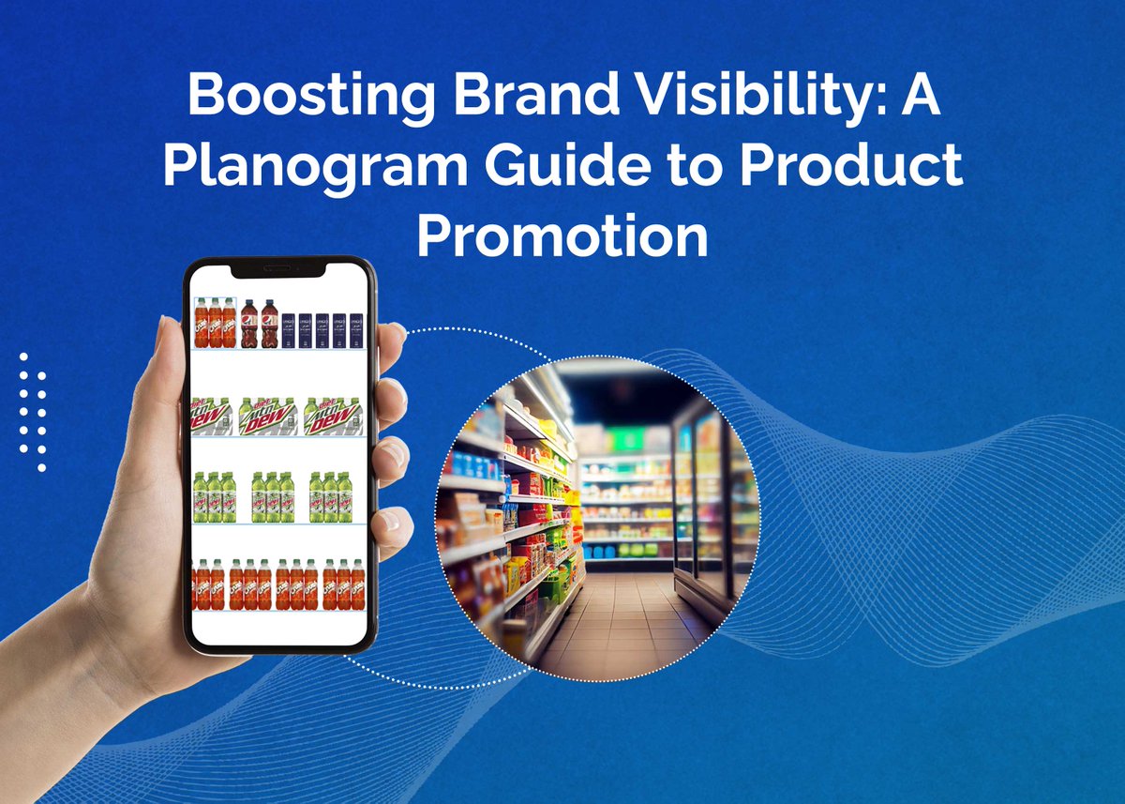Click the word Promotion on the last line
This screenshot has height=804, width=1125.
tap(562, 236)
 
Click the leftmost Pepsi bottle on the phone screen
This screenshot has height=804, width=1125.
tap(248, 324)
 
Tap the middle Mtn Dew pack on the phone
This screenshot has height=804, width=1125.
tap(269, 416)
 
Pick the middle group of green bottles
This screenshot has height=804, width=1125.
tap(272, 496)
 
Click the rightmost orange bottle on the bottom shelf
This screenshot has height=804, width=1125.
tap(357, 584)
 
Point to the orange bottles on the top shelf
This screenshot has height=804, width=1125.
tap(216, 323)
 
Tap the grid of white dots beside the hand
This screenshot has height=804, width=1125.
tap(33, 412)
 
